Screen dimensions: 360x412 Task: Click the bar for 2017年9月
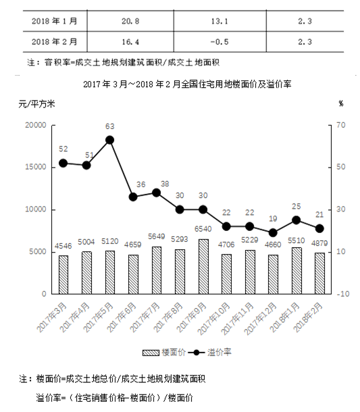tap(203, 266)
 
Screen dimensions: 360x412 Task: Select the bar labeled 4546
tap(63, 275)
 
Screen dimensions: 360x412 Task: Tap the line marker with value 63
tap(109, 140)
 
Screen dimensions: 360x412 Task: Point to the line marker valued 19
tap(273, 232)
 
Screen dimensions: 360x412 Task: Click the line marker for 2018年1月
tap(296, 220)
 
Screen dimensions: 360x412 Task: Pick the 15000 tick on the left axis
tap(36, 167)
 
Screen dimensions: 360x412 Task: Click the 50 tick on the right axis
tap(341, 167)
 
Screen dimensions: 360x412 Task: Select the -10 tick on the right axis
tap(343, 294)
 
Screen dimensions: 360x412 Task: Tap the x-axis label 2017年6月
tap(122, 317)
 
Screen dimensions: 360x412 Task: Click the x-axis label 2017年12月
tap(260, 319)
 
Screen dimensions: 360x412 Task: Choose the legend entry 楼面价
tap(164, 353)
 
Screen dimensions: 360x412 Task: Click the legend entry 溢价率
tap(209, 353)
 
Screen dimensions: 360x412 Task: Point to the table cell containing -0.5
tap(220, 42)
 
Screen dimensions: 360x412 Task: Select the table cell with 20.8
tap(130, 21)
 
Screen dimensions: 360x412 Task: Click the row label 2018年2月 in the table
tap(55, 42)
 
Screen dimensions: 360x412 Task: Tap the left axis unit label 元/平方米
tap(36, 104)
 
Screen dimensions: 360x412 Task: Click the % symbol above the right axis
tap(341, 104)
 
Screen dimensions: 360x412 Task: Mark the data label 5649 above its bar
tap(156, 236)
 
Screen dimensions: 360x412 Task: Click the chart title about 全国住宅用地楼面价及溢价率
tap(187, 84)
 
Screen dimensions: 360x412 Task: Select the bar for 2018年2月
tap(319, 274)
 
